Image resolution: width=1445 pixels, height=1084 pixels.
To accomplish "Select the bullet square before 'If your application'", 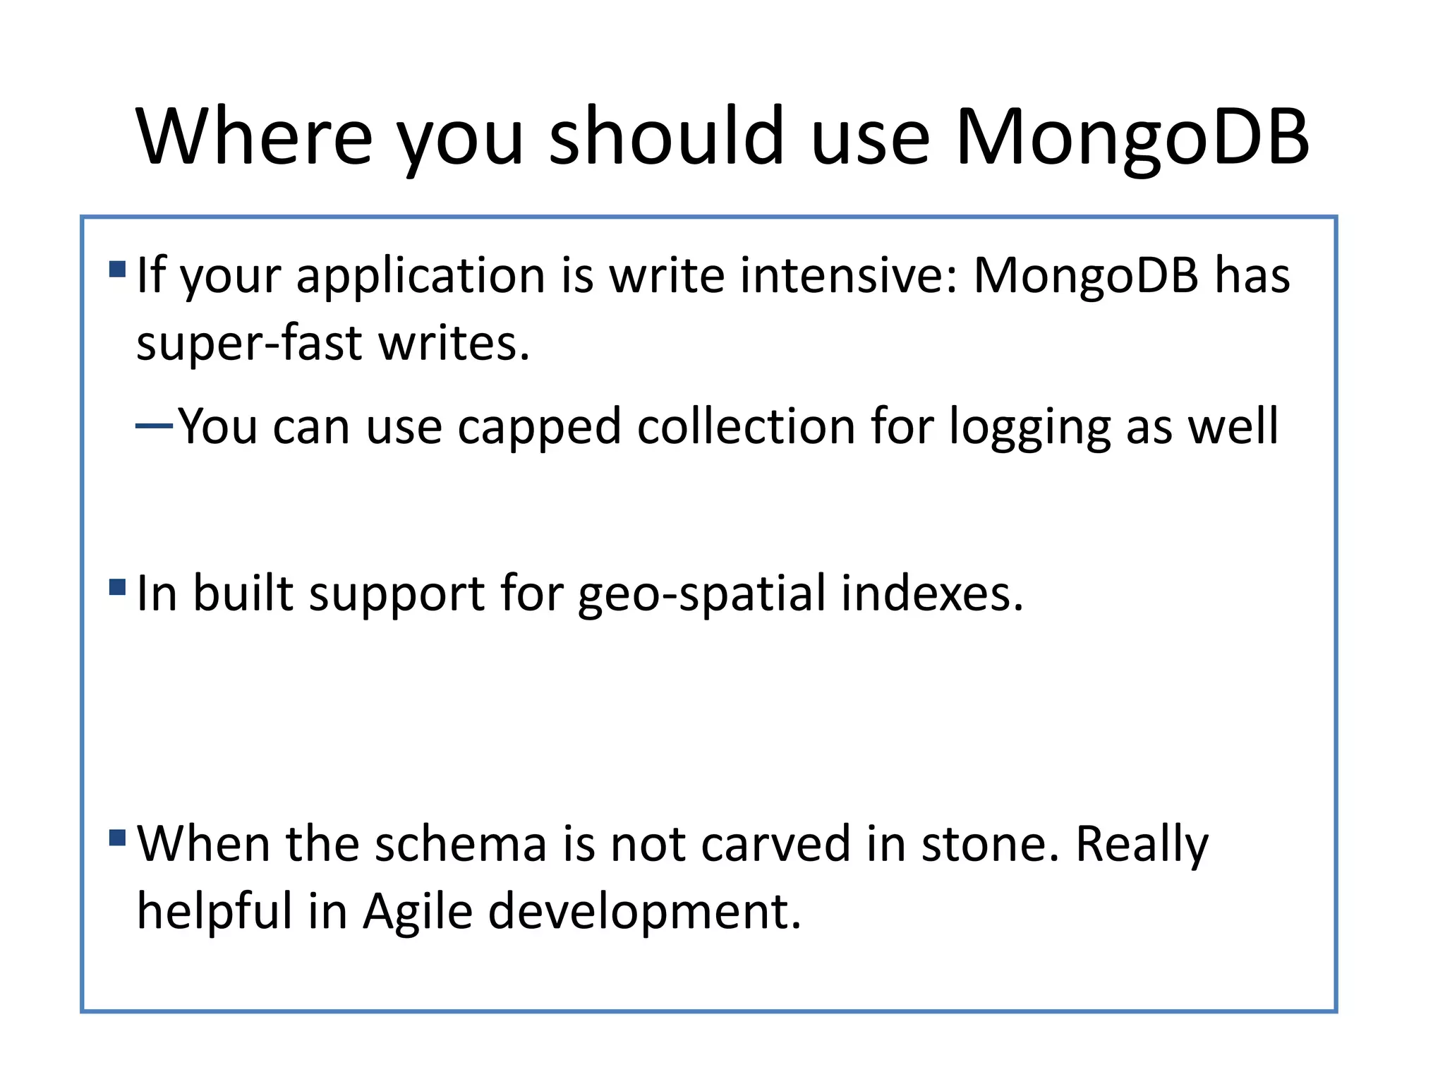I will coord(118,269).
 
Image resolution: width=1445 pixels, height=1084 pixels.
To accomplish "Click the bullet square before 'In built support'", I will coord(118,587).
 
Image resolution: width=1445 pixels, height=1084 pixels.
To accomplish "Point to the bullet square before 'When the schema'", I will coord(118,838).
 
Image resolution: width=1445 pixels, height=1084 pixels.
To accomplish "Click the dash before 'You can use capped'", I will coord(154,426).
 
